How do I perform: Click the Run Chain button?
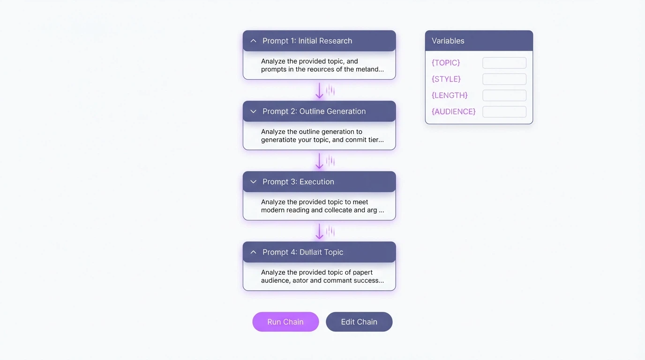[x=285, y=322]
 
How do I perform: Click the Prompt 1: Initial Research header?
[x=319, y=41]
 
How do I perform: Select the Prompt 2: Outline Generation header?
[x=319, y=112]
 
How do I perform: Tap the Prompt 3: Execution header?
[x=319, y=182]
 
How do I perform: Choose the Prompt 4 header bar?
[x=319, y=252]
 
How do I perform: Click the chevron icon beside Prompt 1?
[x=254, y=41]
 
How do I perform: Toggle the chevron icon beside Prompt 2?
[x=254, y=112]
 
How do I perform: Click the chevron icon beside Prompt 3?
[x=254, y=182]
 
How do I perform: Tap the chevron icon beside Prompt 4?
[x=254, y=252]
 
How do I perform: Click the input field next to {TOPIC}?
[x=504, y=63]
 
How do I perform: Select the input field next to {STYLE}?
[x=504, y=79]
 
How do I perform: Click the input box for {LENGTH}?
[x=504, y=96]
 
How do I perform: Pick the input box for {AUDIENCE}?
[x=504, y=112]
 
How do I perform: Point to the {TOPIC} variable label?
[x=446, y=63]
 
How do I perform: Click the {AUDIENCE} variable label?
[x=454, y=112]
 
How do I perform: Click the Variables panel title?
[x=448, y=41]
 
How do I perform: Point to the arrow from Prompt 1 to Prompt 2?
[x=319, y=90]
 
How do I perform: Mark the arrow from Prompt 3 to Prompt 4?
[x=319, y=231]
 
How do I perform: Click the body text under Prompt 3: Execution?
[x=322, y=206]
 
